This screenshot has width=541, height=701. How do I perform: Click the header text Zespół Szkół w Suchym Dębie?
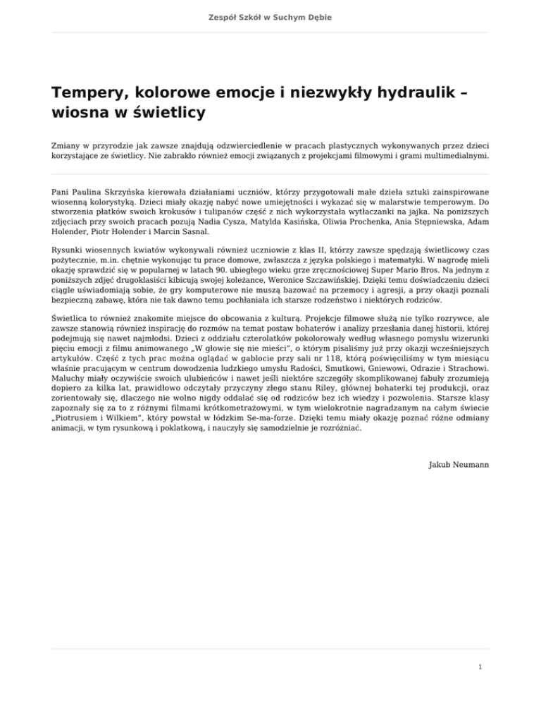[270, 16]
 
